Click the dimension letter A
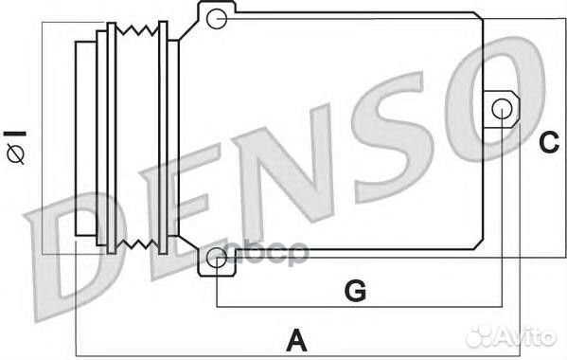tap(296, 337)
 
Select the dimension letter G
tap(354, 291)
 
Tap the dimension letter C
tap(549, 142)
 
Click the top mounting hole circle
tap(217, 17)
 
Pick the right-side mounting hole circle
tap(503, 109)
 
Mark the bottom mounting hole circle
tap(217, 257)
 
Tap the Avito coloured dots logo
tap(482, 334)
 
